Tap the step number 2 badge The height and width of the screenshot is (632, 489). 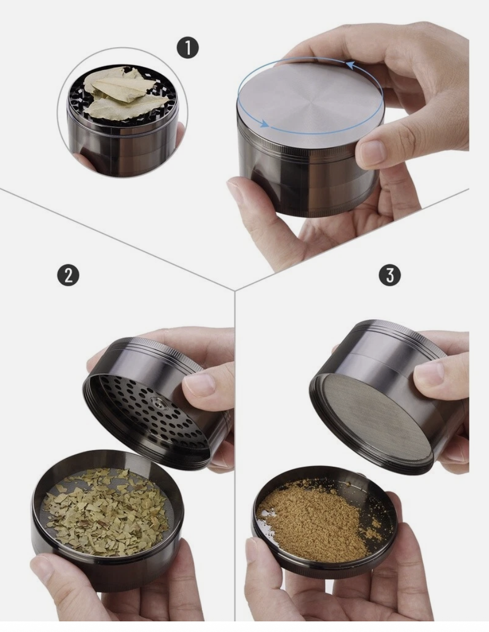69,275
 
